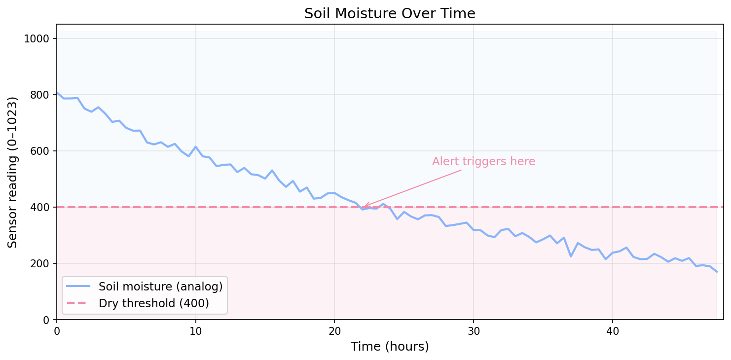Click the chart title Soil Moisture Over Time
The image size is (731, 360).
390,14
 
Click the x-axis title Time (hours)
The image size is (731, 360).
390,347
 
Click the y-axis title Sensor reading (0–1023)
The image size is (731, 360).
13,172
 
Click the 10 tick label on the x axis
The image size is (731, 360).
196,330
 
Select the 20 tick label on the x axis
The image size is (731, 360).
334,330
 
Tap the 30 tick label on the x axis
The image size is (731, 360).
474,330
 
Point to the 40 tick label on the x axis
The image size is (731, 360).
612,330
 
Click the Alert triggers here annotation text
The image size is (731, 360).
483,162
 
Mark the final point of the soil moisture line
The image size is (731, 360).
717,272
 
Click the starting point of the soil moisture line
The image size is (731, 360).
57,92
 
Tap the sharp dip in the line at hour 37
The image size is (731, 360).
571,256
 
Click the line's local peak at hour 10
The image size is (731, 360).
196,146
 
